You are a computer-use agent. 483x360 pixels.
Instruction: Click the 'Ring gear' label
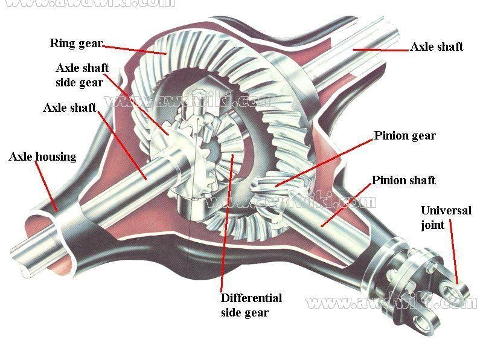pos(76,43)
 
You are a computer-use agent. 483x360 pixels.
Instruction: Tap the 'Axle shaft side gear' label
pos(82,75)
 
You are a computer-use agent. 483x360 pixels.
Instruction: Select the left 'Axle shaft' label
pos(69,108)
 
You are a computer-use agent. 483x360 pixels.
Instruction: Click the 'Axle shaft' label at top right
pos(437,47)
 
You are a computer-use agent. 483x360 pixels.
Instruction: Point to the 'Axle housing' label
pos(42,157)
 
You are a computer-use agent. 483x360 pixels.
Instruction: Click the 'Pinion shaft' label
pos(403,181)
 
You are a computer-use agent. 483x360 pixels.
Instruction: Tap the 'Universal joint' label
pos(446,218)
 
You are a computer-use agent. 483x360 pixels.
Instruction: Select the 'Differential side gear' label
pos(251,305)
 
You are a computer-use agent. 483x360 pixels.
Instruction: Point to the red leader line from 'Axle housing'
pos(46,187)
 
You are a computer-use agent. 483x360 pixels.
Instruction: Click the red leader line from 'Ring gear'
pos(134,48)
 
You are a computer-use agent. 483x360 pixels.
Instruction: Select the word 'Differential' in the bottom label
pos(251,298)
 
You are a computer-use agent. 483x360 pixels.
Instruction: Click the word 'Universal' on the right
pos(446,211)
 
